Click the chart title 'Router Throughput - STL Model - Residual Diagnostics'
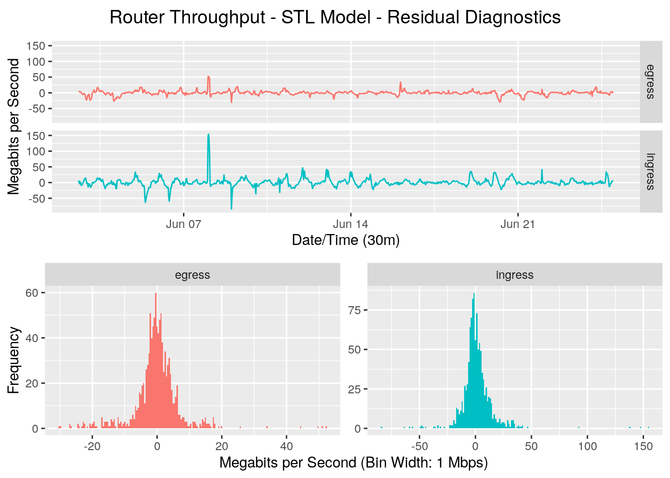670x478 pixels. (335, 17)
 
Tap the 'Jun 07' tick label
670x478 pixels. (183, 224)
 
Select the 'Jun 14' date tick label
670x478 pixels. (350, 224)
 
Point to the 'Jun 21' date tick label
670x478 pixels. (517, 224)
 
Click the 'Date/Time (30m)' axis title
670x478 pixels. (345, 240)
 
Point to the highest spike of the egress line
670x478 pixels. (208, 77)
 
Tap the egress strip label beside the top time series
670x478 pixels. (651, 82)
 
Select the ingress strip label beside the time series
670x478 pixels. (651, 172)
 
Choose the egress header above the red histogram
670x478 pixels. (192, 275)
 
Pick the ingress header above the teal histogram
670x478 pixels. (514, 275)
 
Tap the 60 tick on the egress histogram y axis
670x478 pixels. (32, 293)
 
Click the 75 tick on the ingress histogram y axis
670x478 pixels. (354, 310)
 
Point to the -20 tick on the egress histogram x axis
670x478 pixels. (92, 446)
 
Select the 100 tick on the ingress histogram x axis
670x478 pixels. (587, 446)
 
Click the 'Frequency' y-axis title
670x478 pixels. (14, 360)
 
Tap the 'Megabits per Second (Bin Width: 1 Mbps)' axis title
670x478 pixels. (353, 463)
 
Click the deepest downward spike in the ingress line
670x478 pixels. (231, 208)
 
